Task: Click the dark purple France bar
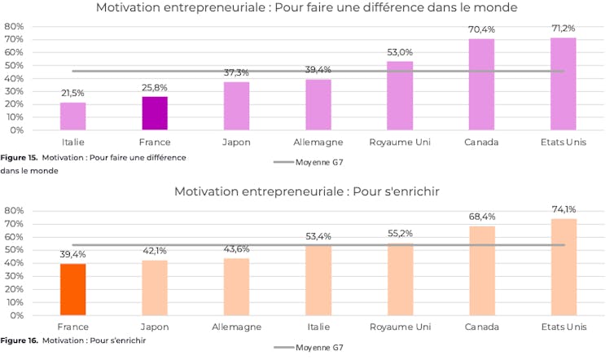click(x=154, y=113)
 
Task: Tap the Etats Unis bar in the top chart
click(x=563, y=84)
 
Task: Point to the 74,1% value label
click(x=563, y=210)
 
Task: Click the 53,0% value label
click(x=400, y=53)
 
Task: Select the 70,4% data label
click(x=481, y=30)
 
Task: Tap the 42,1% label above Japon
click(x=154, y=252)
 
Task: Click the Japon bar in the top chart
click(x=236, y=106)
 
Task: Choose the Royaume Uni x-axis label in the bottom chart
click(x=400, y=327)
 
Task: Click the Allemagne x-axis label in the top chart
click(x=318, y=142)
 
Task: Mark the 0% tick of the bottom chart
click(x=16, y=315)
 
